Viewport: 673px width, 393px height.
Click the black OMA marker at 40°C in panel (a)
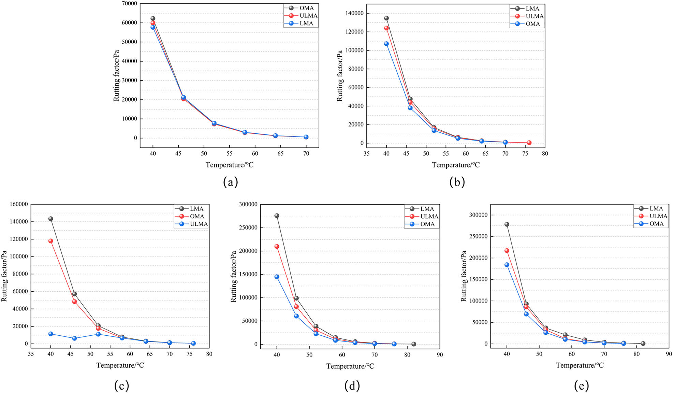(x=153, y=18)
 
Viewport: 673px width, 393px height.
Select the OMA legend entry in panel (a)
(x=306, y=8)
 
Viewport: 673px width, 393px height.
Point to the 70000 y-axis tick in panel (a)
(x=130, y=4)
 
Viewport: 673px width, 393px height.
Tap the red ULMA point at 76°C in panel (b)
(x=529, y=143)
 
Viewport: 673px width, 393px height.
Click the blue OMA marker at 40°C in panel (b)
(x=386, y=44)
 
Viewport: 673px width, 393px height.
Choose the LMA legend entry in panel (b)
(x=532, y=9)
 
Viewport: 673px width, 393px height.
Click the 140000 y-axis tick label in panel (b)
(x=354, y=13)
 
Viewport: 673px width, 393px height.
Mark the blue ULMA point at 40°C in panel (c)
(x=51, y=334)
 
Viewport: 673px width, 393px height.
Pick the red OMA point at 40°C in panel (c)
(x=51, y=241)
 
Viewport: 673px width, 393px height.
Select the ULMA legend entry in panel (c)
(x=199, y=224)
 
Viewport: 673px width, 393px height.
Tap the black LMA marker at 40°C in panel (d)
(x=277, y=216)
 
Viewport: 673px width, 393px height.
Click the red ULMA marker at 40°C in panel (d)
(x=277, y=246)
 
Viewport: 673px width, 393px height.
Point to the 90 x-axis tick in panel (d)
(x=440, y=355)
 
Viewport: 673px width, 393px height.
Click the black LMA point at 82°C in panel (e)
(x=643, y=344)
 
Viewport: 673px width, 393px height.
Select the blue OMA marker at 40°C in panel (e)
(x=507, y=265)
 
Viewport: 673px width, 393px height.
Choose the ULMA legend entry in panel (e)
(x=658, y=216)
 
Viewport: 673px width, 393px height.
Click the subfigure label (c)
(x=122, y=386)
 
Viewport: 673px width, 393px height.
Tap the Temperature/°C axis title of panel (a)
(x=229, y=165)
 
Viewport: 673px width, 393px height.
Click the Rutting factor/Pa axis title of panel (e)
(x=464, y=276)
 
